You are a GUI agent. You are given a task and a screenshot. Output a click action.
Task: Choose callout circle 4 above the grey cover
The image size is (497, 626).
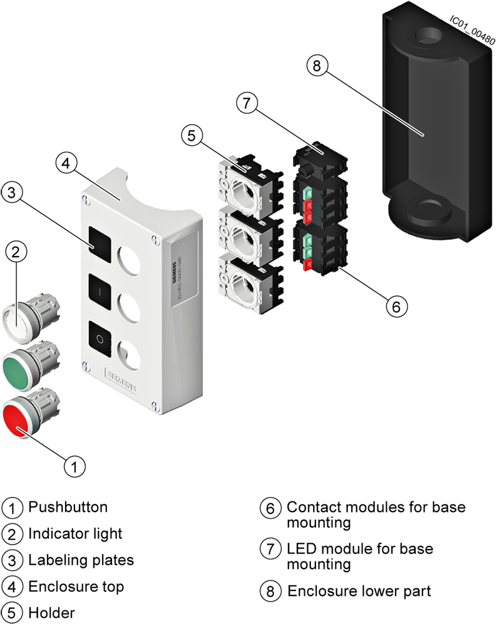(x=68, y=164)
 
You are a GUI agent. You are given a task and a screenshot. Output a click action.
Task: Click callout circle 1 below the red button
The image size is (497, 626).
(x=74, y=466)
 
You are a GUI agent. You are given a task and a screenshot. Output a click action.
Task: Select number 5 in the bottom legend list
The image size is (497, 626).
(x=12, y=612)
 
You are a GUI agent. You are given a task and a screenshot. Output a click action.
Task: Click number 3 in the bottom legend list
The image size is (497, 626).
(x=12, y=560)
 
